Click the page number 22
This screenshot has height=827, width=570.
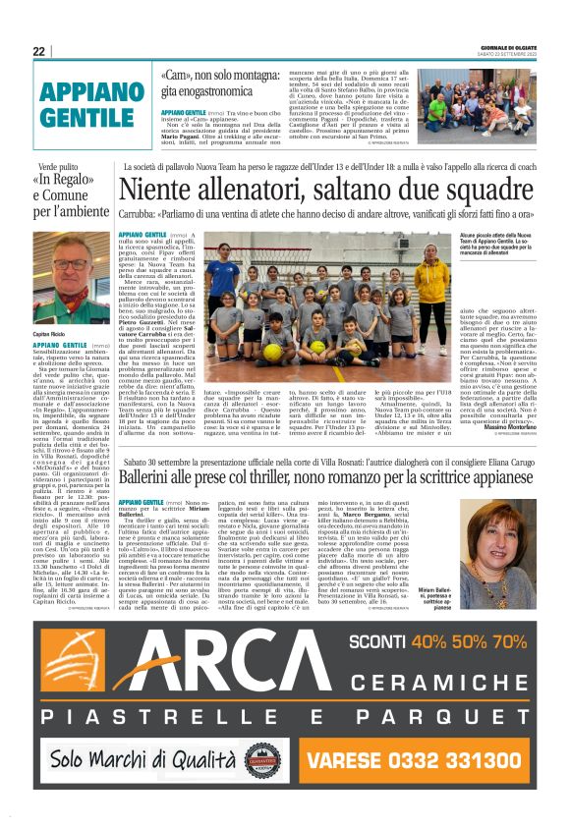click(38, 51)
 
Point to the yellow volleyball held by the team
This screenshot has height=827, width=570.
click(274, 351)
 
